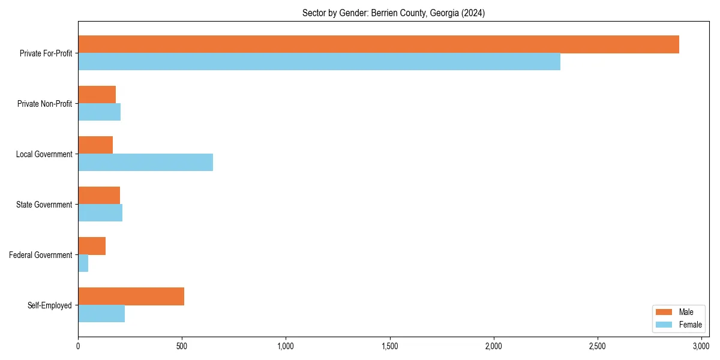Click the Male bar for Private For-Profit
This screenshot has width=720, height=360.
point(378,44)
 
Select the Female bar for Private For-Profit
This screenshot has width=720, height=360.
point(319,62)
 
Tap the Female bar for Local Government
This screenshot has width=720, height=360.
point(145,163)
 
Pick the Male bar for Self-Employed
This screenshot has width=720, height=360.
point(131,296)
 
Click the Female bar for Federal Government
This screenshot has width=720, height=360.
point(83,263)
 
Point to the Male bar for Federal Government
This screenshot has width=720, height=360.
point(92,246)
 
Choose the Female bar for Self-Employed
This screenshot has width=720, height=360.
point(101,314)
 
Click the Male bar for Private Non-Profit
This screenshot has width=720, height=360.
point(97,95)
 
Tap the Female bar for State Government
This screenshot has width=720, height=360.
point(100,213)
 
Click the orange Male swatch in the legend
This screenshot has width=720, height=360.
point(664,312)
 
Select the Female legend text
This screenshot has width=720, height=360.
point(690,325)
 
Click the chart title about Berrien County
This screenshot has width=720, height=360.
point(393,13)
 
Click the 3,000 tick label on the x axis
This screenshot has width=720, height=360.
point(701,346)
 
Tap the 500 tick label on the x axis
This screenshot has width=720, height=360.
point(182,346)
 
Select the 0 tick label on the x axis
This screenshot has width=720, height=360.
point(78,346)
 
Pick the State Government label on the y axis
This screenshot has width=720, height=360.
point(44,205)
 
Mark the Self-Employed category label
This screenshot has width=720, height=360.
point(49,305)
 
